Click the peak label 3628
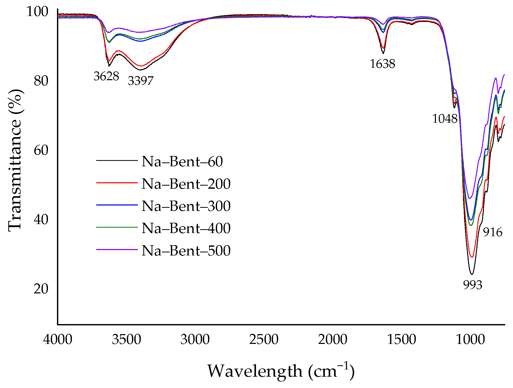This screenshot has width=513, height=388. (106, 76)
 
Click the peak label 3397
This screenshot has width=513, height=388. (140, 81)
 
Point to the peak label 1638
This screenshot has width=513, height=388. (382, 64)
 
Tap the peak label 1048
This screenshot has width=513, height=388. (445, 119)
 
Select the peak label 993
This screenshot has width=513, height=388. (473, 285)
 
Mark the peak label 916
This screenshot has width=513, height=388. (492, 232)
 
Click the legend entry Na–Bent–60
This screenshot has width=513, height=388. (182, 162)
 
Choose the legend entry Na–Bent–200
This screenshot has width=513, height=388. (186, 184)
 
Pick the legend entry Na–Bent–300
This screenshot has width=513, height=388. (186, 206)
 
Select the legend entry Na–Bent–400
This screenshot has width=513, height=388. (186, 228)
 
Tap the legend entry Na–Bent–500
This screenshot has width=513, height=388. (186, 250)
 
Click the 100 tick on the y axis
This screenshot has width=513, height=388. (37, 12)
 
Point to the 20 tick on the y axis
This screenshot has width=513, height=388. (41, 289)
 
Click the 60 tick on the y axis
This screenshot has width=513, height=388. (41, 150)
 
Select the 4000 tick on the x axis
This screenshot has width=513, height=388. (58, 339)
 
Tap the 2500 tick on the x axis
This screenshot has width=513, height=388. (264, 339)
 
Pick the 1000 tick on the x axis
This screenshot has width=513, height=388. (470, 339)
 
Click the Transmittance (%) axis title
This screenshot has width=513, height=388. (15, 160)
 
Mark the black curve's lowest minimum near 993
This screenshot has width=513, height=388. (471, 274)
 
